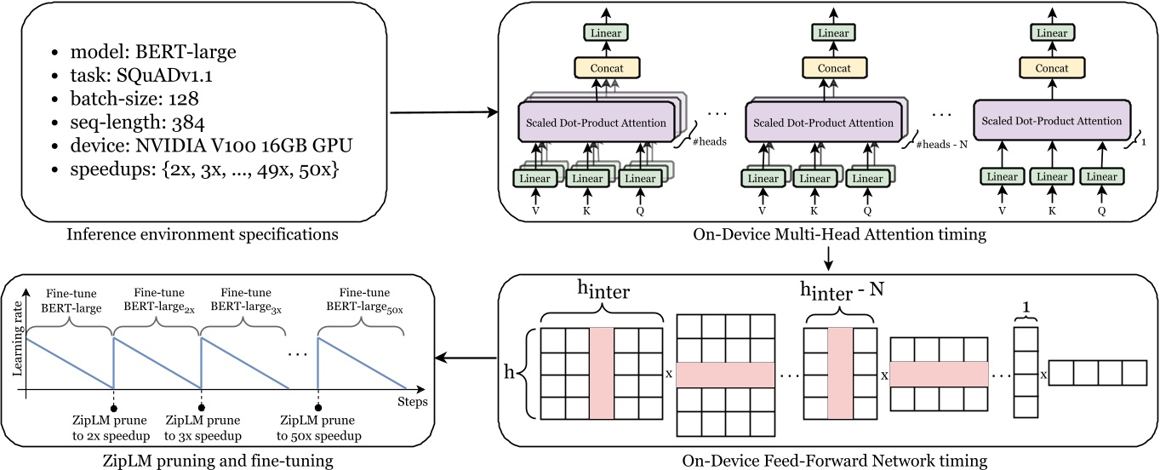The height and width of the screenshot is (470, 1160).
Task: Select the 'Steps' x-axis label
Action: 412,401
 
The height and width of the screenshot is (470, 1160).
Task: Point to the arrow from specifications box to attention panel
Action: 443,111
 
